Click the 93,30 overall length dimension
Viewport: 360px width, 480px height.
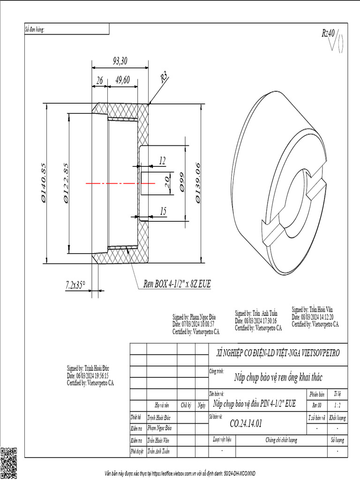pyautogui.click(x=120, y=60)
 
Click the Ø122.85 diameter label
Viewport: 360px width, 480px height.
pyautogui.click(x=66, y=183)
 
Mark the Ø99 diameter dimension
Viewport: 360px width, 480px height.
pyautogui.click(x=181, y=183)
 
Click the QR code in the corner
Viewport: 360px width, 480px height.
pyautogui.click(x=9, y=463)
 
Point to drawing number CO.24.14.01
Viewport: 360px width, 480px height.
pyautogui.click(x=246, y=423)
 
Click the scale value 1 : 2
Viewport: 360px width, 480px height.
pyautogui.click(x=337, y=405)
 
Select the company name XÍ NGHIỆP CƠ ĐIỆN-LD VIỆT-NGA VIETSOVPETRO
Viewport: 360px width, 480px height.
pyautogui.click(x=278, y=352)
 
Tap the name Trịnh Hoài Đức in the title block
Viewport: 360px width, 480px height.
pyautogui.click(x=159, y=417)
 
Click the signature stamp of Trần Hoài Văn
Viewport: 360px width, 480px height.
pyautogui.click(x=315, y=317)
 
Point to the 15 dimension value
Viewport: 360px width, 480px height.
pyautogui.click(x=163, y=212)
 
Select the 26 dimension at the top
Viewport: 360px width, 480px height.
pyautogui.click(x=99, y=81)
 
